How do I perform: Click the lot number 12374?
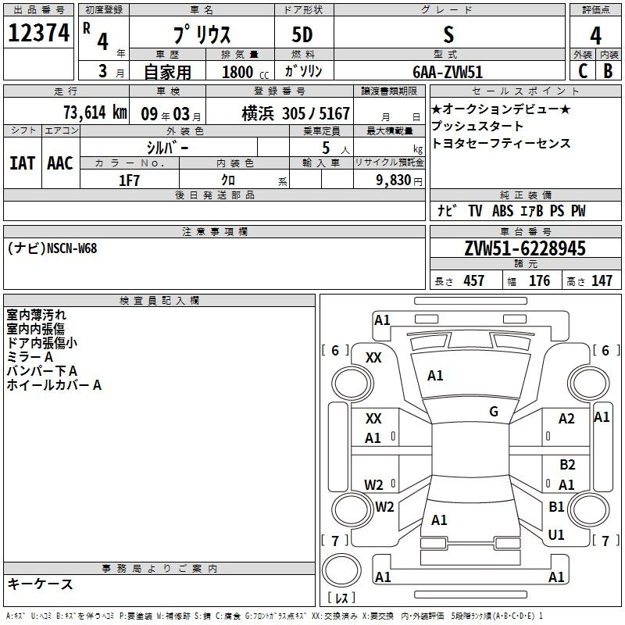click(39, 33)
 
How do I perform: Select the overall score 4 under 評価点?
click(595, 36)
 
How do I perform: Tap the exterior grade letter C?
click(583, 71)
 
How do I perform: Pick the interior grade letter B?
click(608, 71)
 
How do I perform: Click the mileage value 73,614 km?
click(95, 112)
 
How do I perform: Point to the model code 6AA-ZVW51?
click(448, 72)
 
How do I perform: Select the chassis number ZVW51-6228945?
click(525, 248)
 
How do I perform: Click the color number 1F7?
click(129, 180)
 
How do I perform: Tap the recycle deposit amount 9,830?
click(393, 180)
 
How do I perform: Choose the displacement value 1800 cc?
click(245, 73)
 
